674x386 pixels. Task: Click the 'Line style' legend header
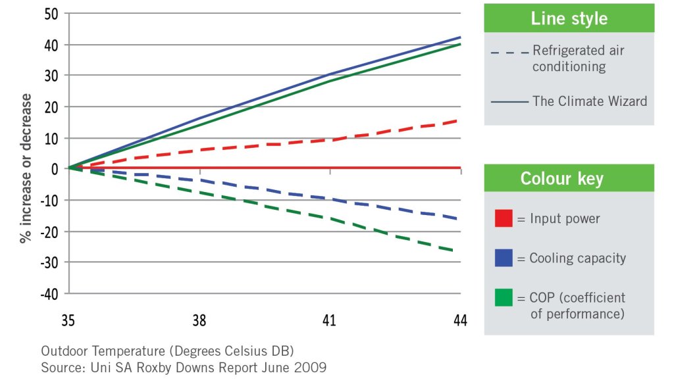tap(569, 18)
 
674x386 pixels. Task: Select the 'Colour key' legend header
tap(569, 178)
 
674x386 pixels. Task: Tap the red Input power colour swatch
tap(504, 218)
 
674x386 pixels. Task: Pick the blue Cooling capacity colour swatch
tap(504, 258)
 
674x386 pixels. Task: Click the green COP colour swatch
tap(504, 297)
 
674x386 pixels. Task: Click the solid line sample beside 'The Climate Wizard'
tap(509, 102)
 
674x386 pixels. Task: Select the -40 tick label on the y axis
tap(50, 293)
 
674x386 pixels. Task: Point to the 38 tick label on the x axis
tap(199, 321)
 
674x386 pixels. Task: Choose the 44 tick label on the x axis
tap(459, 321)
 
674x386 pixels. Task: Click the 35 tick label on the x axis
tap(69, 321)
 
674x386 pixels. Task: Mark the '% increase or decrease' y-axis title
tap(26, 168)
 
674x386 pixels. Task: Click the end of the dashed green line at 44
tap(459, 251)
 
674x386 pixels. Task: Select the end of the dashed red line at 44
tap(459, 120)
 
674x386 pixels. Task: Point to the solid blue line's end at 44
tap(459, 37)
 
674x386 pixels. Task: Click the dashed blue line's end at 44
tap(459, 219)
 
